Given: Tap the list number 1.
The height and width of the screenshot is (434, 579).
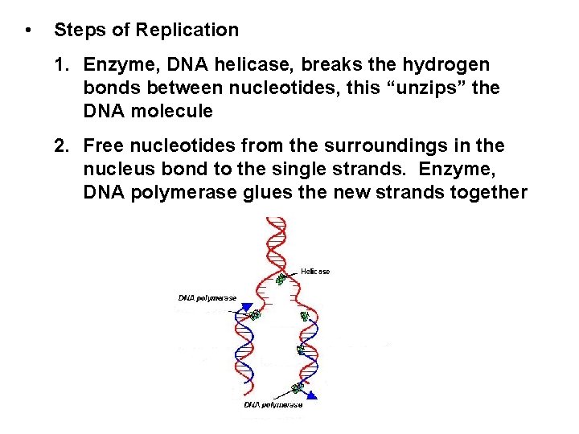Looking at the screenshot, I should pyautogui.click(x=59, y=63).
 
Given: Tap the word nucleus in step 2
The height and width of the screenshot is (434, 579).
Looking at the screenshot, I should pyautogui.click(x=113, y=170).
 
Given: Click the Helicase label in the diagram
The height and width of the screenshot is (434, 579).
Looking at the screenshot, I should pyautogui.click(x=314, y=272).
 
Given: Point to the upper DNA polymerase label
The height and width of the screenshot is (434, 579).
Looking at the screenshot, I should pyautogui.click(x=207, y=297).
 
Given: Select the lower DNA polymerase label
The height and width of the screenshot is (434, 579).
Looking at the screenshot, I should pyautogui.click(x=274, y=404).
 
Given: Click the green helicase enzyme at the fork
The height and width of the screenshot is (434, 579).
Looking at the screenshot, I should pyautogui.click(x=281, y=279).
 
